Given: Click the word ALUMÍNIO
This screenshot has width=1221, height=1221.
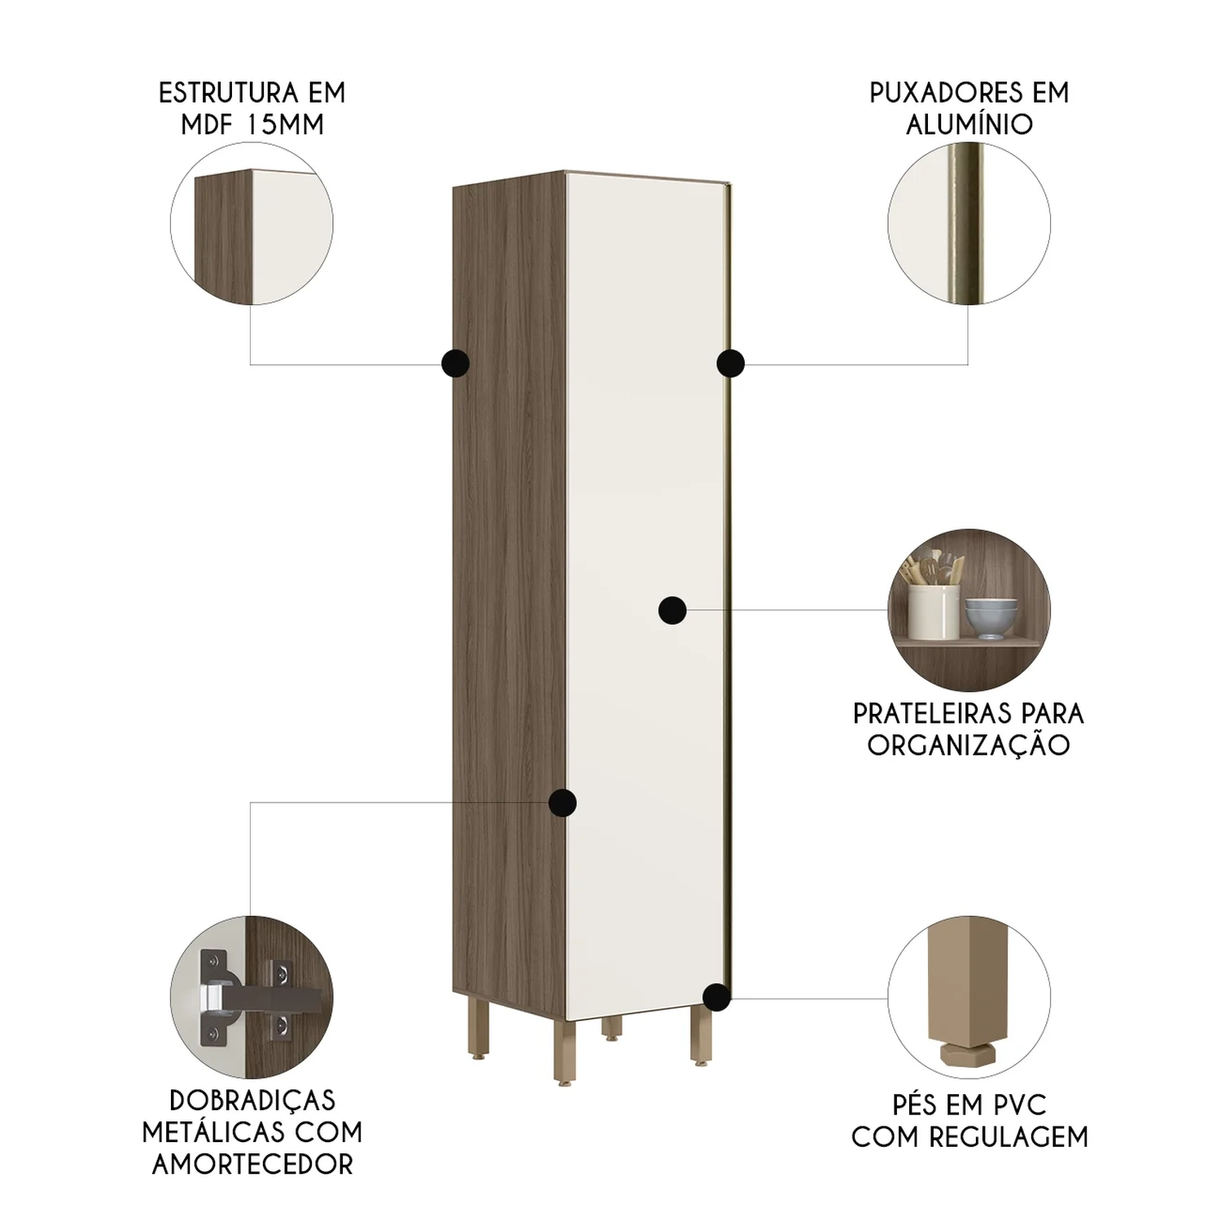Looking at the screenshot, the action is (969, 125).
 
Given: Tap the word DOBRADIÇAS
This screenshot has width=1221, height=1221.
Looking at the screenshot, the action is (252, 1100).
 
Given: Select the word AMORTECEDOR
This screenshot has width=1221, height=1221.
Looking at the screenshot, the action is (252, 1164).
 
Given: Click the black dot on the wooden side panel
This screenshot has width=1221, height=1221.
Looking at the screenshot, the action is (455, 363).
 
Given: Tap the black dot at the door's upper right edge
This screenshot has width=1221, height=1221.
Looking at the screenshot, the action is (730, 363).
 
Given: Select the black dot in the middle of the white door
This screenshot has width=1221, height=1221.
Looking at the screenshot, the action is (672, 610).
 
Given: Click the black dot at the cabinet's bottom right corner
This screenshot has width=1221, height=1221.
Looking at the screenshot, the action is (716, 997).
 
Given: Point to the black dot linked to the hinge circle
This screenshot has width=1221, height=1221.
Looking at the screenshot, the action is (562, 803).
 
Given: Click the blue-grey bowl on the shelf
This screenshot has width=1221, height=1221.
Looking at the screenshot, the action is (991, 619).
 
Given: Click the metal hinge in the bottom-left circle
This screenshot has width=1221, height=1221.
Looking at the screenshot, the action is (244, 997).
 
